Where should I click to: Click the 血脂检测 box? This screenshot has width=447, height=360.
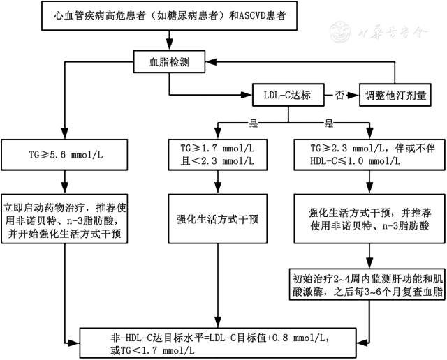[169, 62]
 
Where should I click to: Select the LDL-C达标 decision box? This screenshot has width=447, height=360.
[288, 95]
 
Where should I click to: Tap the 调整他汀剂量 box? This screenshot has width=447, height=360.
[395, 95]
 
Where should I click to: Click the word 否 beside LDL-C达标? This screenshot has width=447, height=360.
[339, 95]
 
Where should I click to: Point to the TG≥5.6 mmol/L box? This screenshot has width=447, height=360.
[64, 155]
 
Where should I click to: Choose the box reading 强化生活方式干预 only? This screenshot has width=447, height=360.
[218, 219]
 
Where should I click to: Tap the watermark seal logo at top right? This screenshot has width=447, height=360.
[339, 32]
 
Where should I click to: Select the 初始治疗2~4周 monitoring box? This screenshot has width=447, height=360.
[367, 284]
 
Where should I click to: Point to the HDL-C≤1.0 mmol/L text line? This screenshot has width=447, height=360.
[356, 161]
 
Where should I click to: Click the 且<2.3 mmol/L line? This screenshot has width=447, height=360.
[217, 161]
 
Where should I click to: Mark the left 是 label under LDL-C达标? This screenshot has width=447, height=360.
[253, 123]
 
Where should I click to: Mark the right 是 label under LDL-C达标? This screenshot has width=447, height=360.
[328, 123]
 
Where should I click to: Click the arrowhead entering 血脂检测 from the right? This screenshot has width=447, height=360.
[211, 62]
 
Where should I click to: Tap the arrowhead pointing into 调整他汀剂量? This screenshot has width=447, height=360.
[353, 95]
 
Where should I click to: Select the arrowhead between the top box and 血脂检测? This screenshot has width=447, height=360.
[169, 45]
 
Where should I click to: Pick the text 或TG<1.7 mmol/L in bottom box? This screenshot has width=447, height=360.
[152, 350]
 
